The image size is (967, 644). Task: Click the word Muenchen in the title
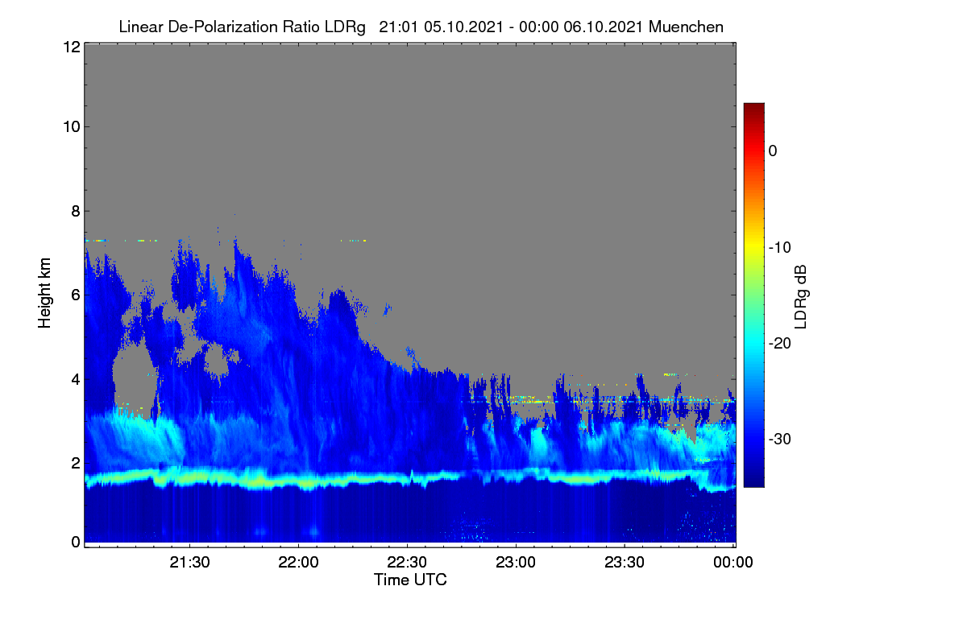[686, 27]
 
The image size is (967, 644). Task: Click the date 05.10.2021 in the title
[463, 27]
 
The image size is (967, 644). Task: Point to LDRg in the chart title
[345, 27]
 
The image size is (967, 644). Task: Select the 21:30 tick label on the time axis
[189, 563]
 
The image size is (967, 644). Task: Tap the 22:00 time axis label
[298, 563]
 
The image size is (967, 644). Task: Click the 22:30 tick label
[407, 563]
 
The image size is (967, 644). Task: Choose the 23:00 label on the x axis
[516, 563]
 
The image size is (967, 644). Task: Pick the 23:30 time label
[625, 563]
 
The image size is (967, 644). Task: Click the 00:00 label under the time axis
[733, 563]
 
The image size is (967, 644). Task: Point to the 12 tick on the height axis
[72, 47]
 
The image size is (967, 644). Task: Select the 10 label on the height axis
[72, 127]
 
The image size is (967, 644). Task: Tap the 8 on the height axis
[76, 212]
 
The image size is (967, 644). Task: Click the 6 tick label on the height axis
[76, 295]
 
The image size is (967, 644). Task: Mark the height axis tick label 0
[76, 543]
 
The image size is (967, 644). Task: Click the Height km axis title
[44, 293]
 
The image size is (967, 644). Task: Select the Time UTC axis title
[410, 580]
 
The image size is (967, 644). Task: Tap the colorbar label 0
[773, 151]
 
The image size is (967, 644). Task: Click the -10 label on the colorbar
[780, 248]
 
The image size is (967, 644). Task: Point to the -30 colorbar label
[780, 439]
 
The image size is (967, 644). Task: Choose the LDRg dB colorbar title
[801, 297]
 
